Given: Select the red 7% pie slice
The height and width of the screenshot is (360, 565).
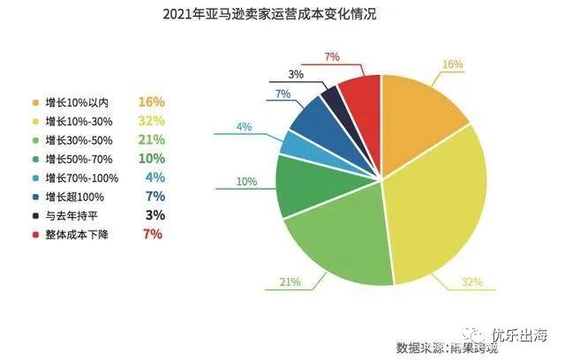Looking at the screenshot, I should tap(360, 95).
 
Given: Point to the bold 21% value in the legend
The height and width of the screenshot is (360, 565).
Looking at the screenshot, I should tap(152, 139).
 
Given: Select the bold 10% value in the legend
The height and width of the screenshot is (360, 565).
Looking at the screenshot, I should tap(152, 158).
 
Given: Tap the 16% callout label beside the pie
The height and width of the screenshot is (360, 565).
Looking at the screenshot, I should tap(452, 64).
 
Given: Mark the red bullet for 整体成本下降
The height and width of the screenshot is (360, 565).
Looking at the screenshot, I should tap(34, 235).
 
